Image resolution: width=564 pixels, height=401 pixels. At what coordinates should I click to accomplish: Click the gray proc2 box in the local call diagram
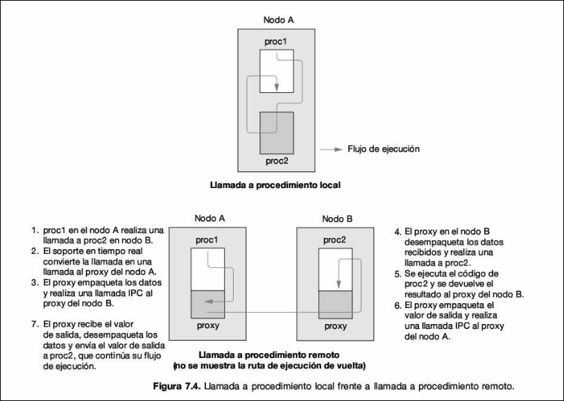pos(276,133)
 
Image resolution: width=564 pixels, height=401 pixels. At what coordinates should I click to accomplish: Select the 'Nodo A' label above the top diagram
pos(276,20)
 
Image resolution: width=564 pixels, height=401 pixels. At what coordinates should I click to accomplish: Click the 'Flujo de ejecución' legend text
pos(384,148)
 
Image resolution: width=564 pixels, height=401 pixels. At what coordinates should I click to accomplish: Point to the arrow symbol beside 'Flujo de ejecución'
pos(334,148)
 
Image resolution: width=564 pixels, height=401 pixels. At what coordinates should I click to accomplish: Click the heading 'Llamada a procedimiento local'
pos(277,185)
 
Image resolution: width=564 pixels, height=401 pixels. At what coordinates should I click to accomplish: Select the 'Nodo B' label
pos(336,218)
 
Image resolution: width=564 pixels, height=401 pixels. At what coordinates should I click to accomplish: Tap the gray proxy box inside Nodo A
pos(207,303)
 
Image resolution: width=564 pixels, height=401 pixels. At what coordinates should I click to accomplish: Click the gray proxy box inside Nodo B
pos(336,303)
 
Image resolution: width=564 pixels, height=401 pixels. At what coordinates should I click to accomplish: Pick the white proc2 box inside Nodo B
pos(336,270)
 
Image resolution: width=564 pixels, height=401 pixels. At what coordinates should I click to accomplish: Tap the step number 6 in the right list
pos(397,305)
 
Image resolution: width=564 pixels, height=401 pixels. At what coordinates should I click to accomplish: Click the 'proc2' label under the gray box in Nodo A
pos(276,161)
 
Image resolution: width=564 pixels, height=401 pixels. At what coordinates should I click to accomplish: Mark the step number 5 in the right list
pos(397,274)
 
